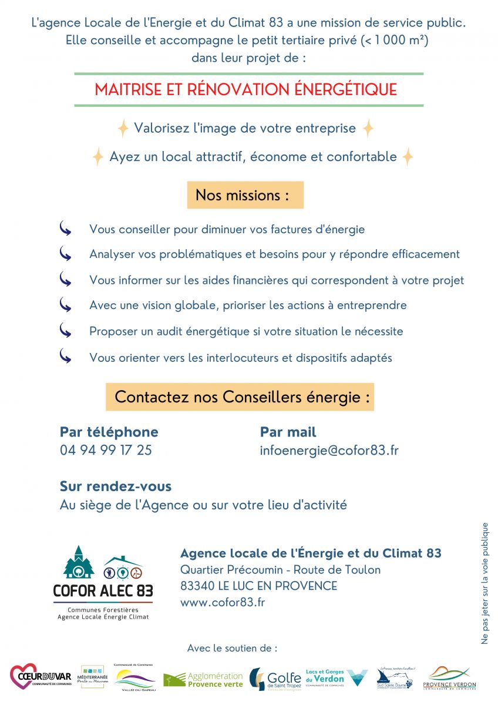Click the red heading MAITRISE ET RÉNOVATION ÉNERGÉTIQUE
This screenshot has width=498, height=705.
[245, 90]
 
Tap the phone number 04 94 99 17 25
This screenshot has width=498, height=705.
[106, 450]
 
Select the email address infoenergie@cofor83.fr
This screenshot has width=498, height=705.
[329, 451]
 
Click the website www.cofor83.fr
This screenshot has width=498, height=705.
[223, 602]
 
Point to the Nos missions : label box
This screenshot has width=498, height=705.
[245, 195]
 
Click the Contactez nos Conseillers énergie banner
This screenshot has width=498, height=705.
[240, 397]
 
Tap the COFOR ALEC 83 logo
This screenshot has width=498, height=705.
[103, 582]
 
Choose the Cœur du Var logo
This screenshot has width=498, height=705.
[41, 677]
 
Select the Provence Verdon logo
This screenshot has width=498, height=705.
[449, 677]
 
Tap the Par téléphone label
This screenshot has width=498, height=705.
[109, 432]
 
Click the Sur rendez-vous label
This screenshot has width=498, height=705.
[116, 486]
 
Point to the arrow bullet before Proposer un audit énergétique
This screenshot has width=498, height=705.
[65, 331]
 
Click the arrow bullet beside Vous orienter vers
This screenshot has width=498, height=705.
[65, 357]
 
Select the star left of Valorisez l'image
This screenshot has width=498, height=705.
[123, 128]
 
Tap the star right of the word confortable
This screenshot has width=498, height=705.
[407, 157]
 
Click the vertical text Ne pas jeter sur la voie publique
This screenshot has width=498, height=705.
[485, 583]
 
